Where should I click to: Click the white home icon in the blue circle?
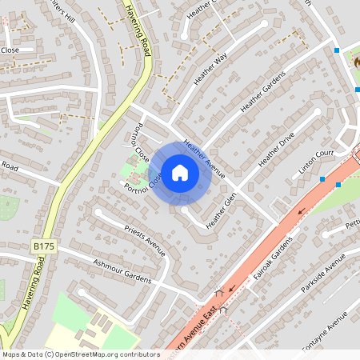tap(180, 173)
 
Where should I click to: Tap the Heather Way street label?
tap(211, 68)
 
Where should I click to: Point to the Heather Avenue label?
tap(204, 158)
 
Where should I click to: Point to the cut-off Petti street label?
tap(352, 226)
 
